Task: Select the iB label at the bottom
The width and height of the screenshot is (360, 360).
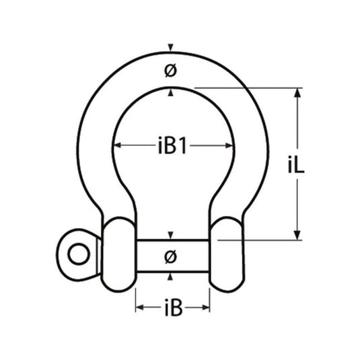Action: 172,309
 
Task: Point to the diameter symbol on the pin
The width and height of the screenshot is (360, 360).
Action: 171,256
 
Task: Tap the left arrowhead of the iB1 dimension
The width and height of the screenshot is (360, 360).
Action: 116,146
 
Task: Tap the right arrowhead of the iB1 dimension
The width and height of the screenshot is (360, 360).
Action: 231,146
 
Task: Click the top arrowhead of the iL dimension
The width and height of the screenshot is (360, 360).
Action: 297,90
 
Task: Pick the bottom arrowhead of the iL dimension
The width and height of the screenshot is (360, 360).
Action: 297,234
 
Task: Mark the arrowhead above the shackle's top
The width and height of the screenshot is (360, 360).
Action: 172,48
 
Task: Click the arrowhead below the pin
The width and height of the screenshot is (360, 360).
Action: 172,277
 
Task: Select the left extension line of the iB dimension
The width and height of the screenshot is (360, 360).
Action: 137,299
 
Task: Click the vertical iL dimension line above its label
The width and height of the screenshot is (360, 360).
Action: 297,124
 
